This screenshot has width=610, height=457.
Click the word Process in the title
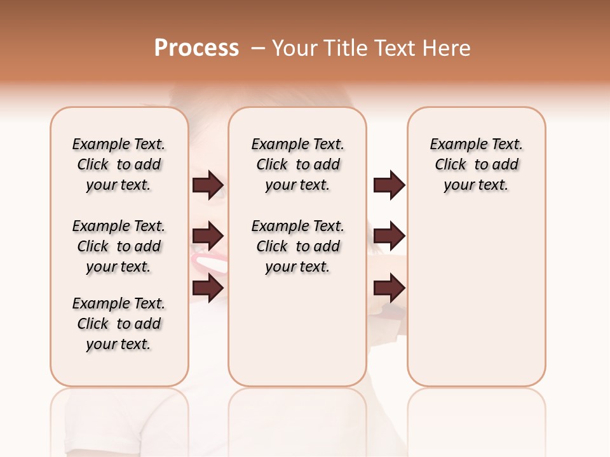[x=196, y=48]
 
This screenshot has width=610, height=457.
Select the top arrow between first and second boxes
[x=208, y=185]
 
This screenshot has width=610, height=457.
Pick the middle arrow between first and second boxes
[x=208, y=236]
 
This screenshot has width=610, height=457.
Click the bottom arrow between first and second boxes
[x=208, y=288]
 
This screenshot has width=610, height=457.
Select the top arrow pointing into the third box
[x=389, y=185]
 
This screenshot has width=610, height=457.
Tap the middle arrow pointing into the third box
[x=389, y=236]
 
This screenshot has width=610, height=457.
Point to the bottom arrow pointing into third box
[x=389, y=288]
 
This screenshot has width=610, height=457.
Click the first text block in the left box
[x=119, y=164]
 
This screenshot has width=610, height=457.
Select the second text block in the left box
[x=119, y=246]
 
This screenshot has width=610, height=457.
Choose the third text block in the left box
[x=119, y=324]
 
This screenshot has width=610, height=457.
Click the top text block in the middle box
[x=297, y=164]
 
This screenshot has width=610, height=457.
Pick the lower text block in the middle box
[x=297, y=246]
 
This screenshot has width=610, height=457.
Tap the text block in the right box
[x=476, y=164]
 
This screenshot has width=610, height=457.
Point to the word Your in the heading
[x=295, y=48]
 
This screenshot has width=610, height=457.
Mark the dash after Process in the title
[x=257, y=48]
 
